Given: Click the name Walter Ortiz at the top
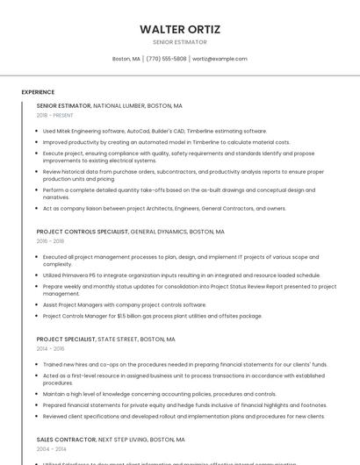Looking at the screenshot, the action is click(180, 29).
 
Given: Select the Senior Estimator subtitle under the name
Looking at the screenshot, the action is click(180, 42).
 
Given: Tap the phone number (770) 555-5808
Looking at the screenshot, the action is click(167, 59).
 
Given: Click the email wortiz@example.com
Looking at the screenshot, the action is click(220, 59).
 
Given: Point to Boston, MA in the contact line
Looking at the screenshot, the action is click(126, 59).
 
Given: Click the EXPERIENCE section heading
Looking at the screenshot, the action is click(38, 92).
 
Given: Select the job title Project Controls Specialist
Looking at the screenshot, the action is click(83, 232).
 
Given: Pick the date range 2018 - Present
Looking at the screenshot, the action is click(54, 115).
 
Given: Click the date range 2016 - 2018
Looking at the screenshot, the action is click(50, 241).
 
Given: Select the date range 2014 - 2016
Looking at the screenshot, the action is click(50, 348).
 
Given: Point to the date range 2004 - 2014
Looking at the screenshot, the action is click(50, 448).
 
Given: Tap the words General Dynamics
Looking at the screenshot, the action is click(159, 232).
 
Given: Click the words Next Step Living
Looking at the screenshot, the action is click(123, 439).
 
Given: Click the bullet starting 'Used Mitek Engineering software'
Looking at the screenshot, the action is click(155, 131).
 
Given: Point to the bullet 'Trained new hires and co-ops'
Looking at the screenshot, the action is click(184, 364).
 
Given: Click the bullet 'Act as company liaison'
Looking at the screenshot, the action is click(164, 208).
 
